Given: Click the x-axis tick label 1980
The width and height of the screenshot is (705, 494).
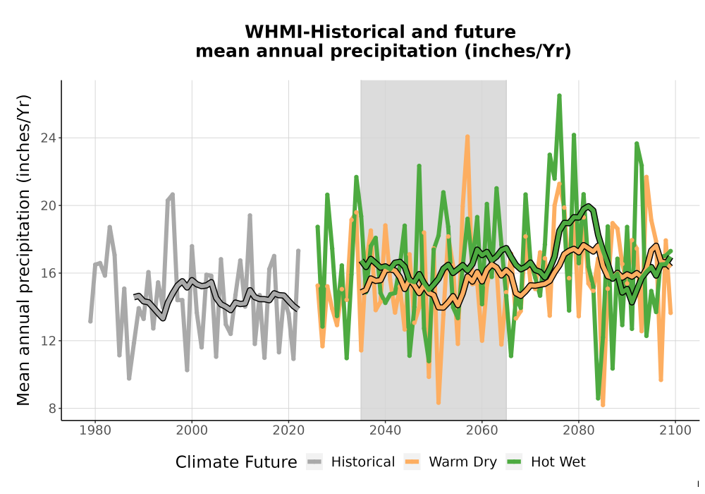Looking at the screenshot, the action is tap(95, 430).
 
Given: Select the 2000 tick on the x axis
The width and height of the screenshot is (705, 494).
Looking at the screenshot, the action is tap(192, 430).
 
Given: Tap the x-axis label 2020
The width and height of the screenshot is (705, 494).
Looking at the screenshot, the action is tap(288, 430).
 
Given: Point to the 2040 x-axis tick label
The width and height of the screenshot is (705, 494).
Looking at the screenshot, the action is tap(386, 430).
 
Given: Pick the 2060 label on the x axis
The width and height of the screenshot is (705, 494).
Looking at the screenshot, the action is tap(482, 430).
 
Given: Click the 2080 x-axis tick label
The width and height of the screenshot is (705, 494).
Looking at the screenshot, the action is tap(579, 430).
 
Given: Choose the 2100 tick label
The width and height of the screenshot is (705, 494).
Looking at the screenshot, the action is tap(675, 430).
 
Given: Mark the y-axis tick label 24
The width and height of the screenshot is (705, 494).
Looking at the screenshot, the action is tap(49, 138).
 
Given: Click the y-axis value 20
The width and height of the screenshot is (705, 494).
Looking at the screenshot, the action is tap(49, 205).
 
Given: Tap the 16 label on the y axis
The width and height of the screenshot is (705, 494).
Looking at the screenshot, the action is tap(49, 273).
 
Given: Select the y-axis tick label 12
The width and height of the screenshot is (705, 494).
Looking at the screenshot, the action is tap(49, 341).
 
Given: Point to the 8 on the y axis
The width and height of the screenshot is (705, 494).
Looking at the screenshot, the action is tap(53, 409).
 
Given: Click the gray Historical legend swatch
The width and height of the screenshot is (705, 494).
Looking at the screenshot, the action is tap(314, 462).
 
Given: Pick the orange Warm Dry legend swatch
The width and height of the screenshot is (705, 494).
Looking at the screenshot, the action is tap(412, 462).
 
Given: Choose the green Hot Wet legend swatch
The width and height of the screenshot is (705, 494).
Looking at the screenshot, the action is tap(514, 462).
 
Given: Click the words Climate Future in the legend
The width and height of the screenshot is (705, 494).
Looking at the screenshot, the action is tap(236, 462).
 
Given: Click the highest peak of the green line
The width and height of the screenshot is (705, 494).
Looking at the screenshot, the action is tap(559, 95).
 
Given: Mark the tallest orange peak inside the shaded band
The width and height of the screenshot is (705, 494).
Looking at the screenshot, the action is tap(467, 136).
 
